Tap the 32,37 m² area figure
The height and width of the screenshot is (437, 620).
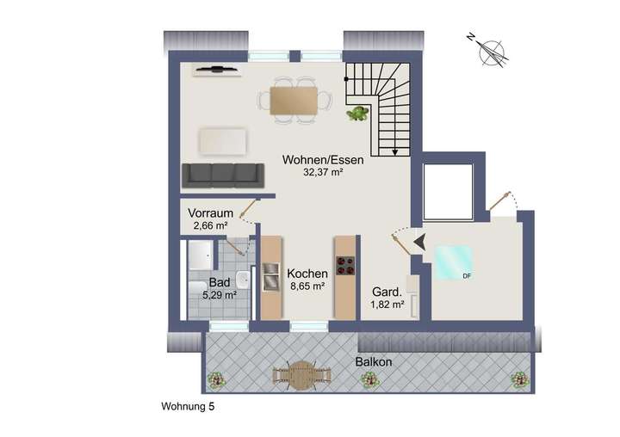pos(324,172)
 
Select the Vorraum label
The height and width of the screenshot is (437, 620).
pos(210,212)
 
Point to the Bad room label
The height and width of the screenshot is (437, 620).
pos(219,282)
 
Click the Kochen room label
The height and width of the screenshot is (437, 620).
pos(307,273)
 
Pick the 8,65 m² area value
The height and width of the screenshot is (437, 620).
pos(307,286)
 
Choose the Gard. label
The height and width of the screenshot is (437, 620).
pos(387,292)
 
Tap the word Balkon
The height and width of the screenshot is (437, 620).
pos(374,362)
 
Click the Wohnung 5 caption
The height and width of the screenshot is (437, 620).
pos(189,407)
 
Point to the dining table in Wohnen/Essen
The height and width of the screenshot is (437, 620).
pos(293,101)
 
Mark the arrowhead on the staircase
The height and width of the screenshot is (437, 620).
pos(395,152)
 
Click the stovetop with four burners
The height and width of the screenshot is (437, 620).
pos(346,265)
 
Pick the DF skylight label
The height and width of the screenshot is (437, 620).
pos(466,276)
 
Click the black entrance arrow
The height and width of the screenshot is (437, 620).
pos(419,244)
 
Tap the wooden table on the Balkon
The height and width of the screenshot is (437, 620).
pos(302,373)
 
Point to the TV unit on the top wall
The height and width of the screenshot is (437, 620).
pos(220,70)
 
